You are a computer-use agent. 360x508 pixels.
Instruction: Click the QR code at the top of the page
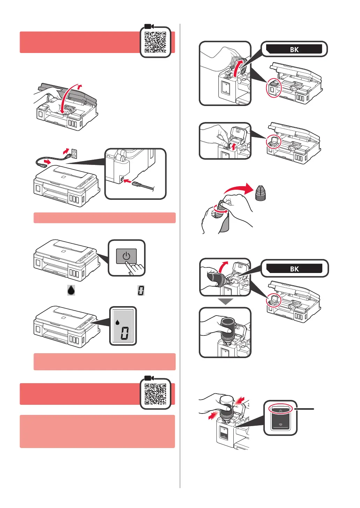(155, 42)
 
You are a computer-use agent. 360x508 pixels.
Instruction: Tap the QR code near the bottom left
(155, 394)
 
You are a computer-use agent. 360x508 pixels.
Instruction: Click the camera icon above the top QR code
(149, 26)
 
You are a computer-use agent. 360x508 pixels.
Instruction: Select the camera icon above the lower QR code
(149, 378)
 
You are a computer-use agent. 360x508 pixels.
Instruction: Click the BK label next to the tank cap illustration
(294, 49)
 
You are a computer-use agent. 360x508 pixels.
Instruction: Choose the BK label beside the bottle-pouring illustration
(294, 268)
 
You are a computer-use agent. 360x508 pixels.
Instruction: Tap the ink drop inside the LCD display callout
(118, 322)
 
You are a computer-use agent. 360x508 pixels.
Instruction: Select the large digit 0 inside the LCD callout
(125, 334)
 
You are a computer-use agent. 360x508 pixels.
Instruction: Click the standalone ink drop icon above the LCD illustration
(71, 290)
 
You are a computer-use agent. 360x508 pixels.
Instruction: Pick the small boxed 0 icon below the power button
(141, 290)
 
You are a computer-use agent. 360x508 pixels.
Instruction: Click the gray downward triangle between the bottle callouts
(225, 302)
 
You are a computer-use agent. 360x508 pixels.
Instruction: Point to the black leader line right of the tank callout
(305, 409)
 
